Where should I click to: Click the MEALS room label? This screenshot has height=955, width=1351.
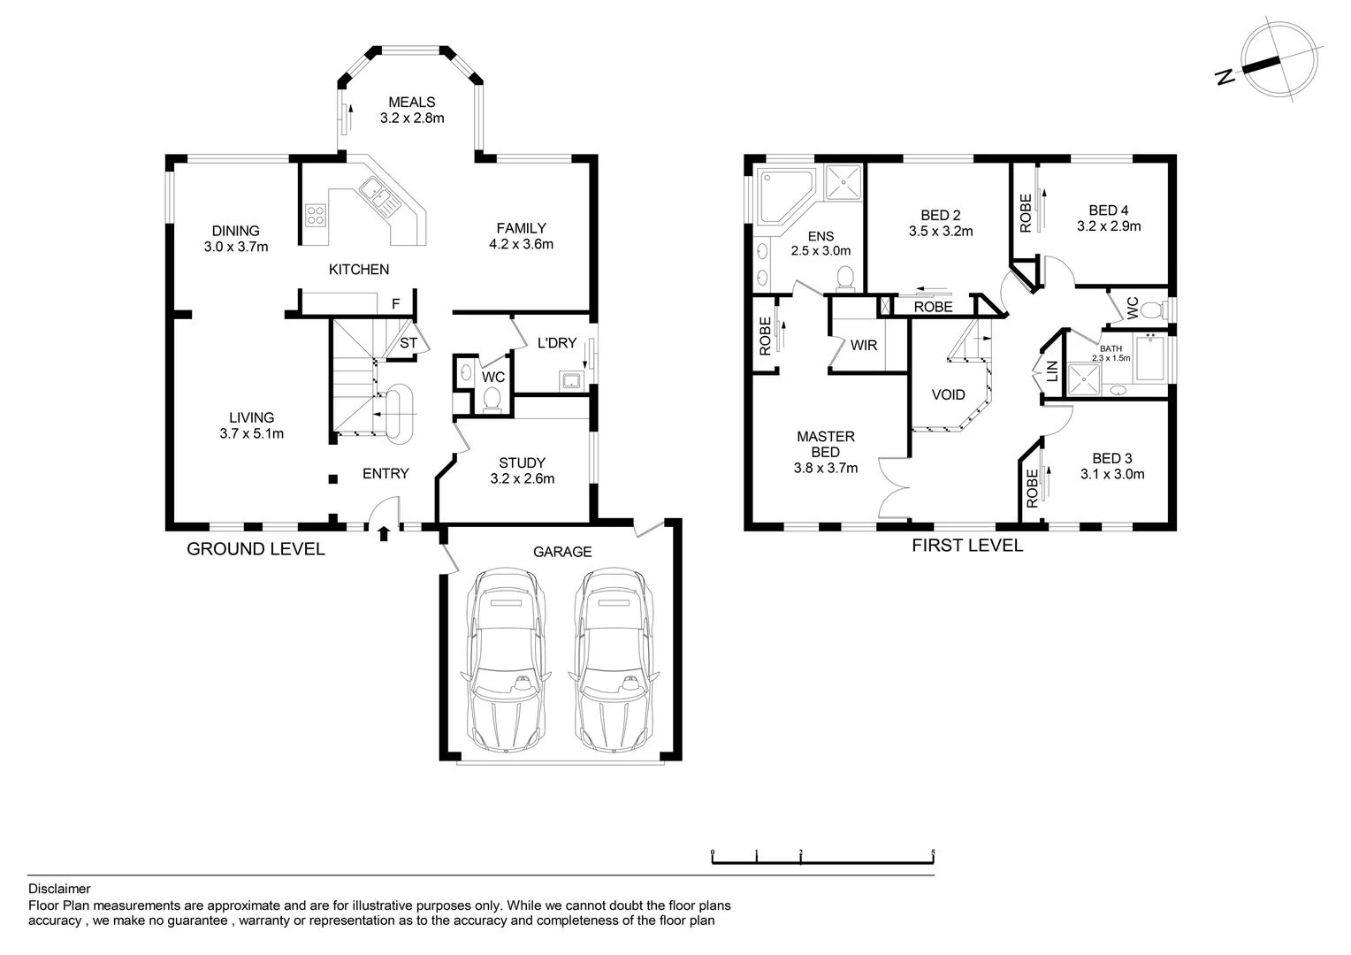412,102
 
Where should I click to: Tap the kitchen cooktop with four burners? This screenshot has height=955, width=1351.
316,216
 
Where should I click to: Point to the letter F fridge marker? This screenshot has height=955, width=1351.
395,303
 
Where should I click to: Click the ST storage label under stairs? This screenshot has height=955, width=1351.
408,343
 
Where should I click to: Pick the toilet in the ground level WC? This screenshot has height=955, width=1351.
492,400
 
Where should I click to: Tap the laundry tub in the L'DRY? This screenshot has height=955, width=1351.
570,380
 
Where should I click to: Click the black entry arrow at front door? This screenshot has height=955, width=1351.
384,534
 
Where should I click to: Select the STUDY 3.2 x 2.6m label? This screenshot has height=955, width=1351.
523,470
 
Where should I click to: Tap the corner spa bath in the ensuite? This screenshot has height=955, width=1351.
786,196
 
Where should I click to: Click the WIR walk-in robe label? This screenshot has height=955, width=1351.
864,345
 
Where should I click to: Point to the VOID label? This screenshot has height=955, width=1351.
948,394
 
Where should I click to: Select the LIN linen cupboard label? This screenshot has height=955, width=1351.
1052,371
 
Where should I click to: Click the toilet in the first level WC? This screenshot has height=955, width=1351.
1152,310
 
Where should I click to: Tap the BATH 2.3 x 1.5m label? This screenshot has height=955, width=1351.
1111,353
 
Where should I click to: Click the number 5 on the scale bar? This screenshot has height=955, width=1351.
933,852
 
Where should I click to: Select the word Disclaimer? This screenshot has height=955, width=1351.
59,889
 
